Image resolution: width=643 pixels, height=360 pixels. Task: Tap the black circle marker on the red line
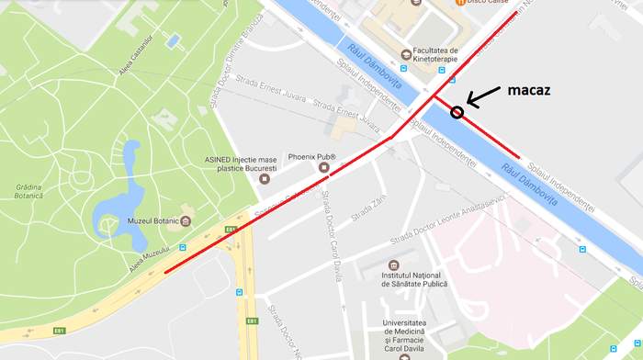457,112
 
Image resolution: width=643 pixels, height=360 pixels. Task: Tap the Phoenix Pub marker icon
323,167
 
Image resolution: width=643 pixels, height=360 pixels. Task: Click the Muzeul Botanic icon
186,221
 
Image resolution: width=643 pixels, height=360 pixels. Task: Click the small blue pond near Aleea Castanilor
172,40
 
